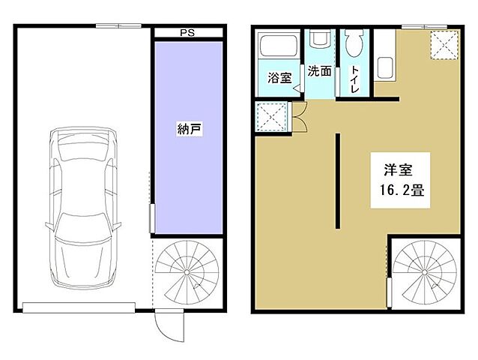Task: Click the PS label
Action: coord(188,33)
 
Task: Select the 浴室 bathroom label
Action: coord(280,77)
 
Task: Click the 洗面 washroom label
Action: coord(320,72)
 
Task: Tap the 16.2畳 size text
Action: coord(399,190)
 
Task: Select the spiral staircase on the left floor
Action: coord(188,273)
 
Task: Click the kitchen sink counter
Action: coord(385,67)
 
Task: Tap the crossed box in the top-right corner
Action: coord(444,44)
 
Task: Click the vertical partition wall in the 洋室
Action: coord(338,180)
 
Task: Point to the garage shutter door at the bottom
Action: coord(78,306)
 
